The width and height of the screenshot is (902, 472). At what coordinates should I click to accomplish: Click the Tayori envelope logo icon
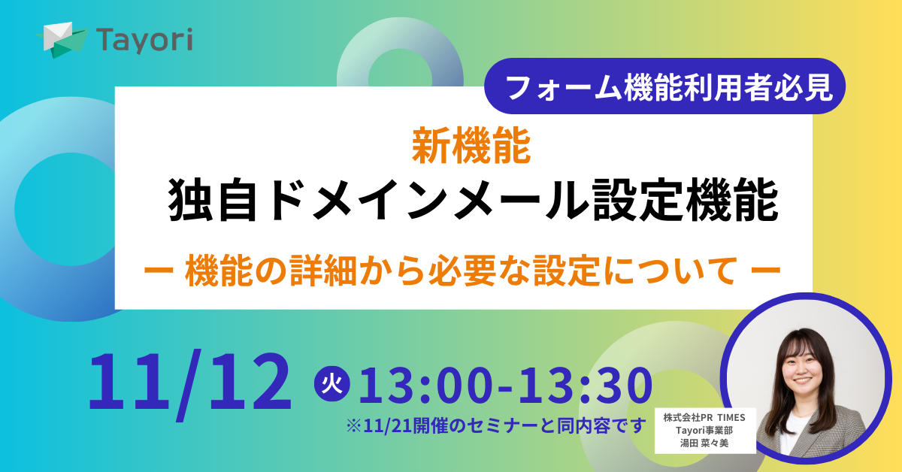[x=62, y=40]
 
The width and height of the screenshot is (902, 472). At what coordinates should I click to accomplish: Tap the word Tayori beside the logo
[x=144, y=41]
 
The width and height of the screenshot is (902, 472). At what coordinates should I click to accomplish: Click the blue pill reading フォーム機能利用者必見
[x=664, y=86]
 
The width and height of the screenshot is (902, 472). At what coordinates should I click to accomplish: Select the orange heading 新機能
[x=471, y=145]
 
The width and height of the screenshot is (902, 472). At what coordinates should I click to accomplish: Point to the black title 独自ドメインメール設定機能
[x=473, y=200]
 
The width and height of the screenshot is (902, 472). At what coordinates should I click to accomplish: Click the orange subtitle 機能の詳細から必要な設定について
[x=462, y=271]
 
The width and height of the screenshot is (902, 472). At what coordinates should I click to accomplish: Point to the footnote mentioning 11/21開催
[x=496, y=425]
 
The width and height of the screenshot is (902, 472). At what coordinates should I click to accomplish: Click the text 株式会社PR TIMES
[x=704, y=418]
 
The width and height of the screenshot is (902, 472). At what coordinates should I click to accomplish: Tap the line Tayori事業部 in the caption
[x=704, y=431]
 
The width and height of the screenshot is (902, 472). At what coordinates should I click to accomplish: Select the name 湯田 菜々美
[x=704, y=443]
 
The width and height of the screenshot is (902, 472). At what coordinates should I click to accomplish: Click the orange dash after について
[x=766, y=271]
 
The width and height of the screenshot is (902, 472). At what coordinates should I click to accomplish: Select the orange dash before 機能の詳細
[x=159, y=271]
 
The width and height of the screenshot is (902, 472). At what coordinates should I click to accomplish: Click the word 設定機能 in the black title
[x=686, y=200]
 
